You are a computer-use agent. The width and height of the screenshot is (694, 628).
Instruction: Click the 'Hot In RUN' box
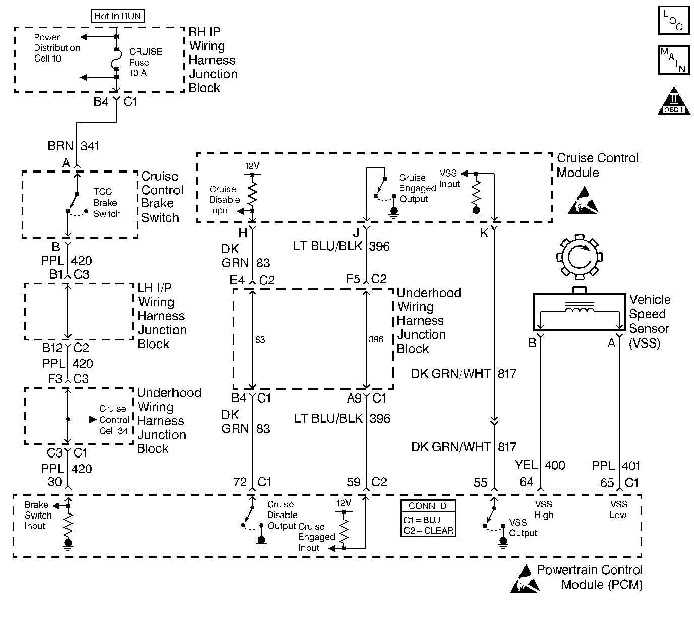pos(118,16)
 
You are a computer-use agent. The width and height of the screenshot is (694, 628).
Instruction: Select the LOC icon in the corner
pos(674,20)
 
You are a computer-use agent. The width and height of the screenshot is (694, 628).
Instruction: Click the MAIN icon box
pos(674,60)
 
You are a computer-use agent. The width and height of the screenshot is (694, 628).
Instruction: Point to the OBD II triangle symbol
pos(674,101)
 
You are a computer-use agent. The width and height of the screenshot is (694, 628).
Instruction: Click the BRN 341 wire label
pos(74,146)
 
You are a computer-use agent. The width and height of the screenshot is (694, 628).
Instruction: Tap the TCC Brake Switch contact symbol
pos(77,205)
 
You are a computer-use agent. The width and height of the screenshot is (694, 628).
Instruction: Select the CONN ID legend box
pos(428,518)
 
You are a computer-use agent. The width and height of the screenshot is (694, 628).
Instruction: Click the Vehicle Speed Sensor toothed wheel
pos(579,257)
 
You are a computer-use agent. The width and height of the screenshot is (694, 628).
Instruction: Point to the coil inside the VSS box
pos(579,309)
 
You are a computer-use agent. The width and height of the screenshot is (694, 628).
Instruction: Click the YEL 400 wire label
pos(540,465)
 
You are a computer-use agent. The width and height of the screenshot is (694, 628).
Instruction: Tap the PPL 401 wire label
pos(616,466)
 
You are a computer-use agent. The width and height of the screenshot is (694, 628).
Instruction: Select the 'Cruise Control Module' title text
pos(598,165)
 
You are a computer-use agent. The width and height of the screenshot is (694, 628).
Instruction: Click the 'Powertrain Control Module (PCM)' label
pos(590,577)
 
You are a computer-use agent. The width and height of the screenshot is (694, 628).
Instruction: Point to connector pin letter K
pos(484,233)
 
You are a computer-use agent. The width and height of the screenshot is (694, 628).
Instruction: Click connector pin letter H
pos(243,233)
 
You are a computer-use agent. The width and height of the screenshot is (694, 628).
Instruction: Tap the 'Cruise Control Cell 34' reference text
pos(114,420)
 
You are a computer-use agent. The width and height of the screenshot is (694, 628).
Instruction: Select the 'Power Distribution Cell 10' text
pos(56,48)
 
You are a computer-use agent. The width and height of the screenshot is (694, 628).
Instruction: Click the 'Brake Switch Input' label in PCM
pos(38,515)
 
